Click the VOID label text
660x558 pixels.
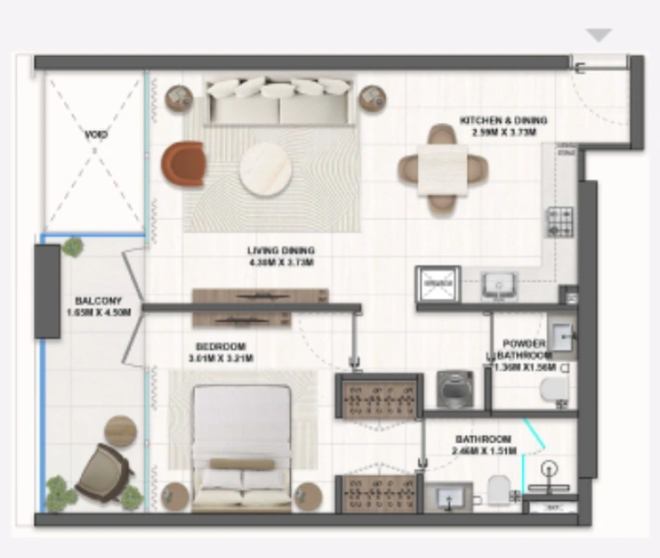coord(96,136)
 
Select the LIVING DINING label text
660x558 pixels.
coord(281,250)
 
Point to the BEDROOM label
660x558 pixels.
coord(221,345)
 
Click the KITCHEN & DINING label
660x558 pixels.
coord(503,121)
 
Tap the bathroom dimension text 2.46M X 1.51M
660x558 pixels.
coord(482,451)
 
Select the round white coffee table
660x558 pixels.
coord(268,168)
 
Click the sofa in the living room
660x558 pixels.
coord(278,101)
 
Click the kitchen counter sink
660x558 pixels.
coord(499,286)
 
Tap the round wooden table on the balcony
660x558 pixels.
coord(120,431)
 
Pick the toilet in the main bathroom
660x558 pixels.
coord(499,490)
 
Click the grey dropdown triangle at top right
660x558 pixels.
coord(599,35)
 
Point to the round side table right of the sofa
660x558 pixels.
coord(373,98)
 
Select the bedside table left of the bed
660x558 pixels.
coord(176,496)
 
